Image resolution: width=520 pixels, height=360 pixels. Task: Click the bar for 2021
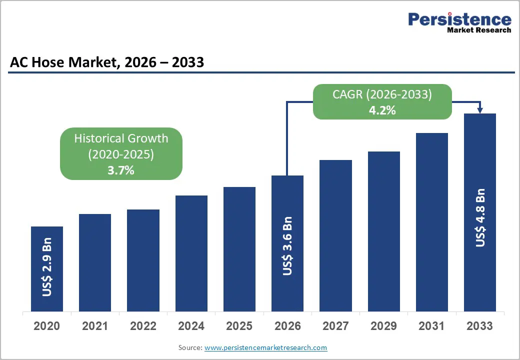point(95,262)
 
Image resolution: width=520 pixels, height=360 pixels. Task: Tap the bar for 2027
point(335,235)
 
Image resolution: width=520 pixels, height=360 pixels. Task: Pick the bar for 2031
point(431,222)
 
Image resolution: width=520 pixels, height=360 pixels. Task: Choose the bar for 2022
point(143,260)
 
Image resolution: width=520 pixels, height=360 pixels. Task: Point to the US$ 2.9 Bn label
point(47,270)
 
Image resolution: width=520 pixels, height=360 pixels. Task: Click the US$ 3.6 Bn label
point(287,245)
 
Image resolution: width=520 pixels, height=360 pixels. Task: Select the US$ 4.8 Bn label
point(480,217)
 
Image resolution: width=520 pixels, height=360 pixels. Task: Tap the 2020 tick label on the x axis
point(47,326)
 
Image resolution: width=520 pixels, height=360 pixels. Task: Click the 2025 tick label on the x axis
point(239,326)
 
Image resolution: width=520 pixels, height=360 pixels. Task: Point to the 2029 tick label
point(383,326)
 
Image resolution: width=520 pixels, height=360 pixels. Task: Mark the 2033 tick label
point(479,326)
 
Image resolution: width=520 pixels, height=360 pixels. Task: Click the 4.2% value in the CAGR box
point(382,110)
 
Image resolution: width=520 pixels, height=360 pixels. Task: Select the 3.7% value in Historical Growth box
point(121,170)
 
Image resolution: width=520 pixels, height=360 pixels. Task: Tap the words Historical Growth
point(121,138)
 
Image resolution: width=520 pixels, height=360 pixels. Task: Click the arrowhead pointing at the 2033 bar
point(479,110)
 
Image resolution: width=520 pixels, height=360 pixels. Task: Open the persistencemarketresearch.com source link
point(265,347)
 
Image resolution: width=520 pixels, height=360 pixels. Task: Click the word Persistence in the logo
point(459,19)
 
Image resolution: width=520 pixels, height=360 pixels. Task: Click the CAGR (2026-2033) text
point(382,94)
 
